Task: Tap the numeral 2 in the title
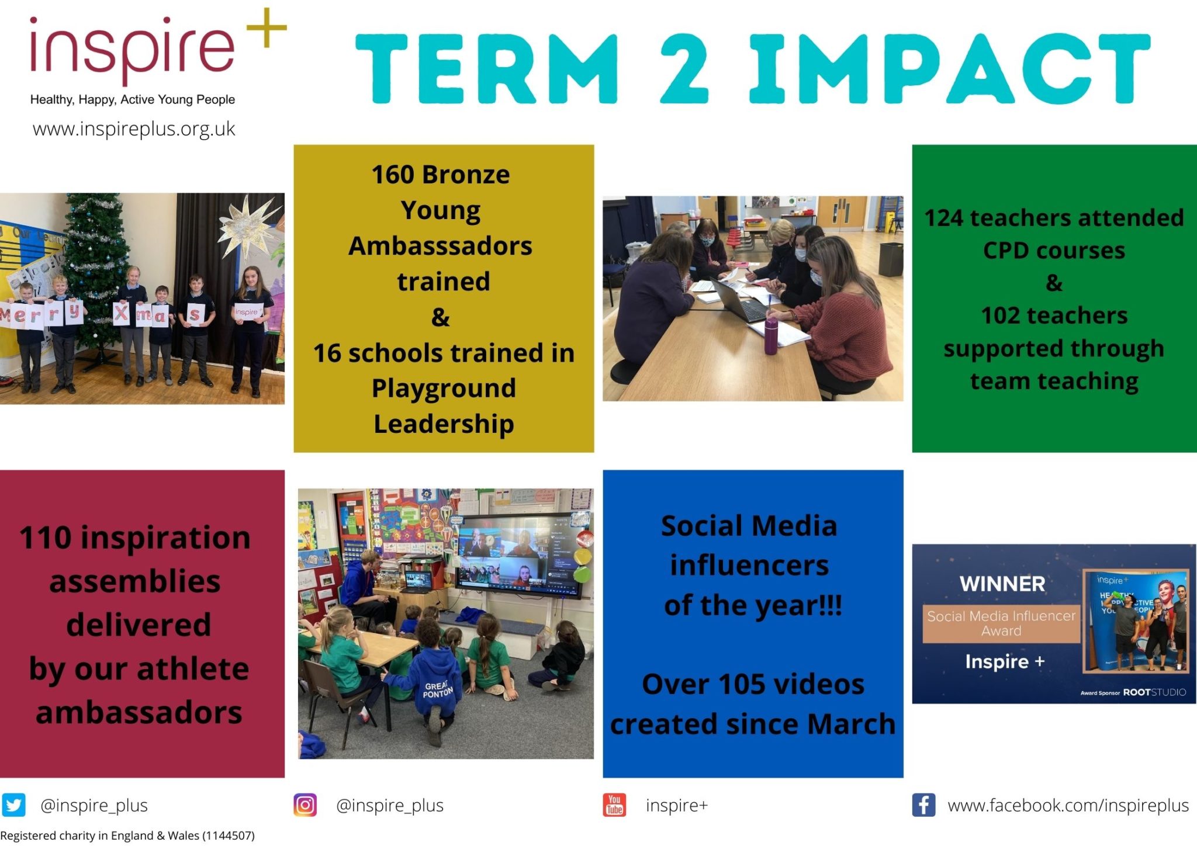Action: (x=684, y=68)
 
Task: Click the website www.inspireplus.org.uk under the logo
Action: (x=134, y=129)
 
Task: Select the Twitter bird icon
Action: (x=13, y=805)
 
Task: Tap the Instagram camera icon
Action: (x=305, y=805)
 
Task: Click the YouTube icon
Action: (x=614, y=805)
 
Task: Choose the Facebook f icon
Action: (x=923, y=805)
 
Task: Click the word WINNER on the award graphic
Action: (x=1002, y=584)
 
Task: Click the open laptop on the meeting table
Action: (x=738, y=301)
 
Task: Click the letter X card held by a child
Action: (x=121, y=313)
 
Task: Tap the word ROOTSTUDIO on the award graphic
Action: (x=1154, y=692)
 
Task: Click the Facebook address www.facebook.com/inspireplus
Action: (x=1068, y=805)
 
